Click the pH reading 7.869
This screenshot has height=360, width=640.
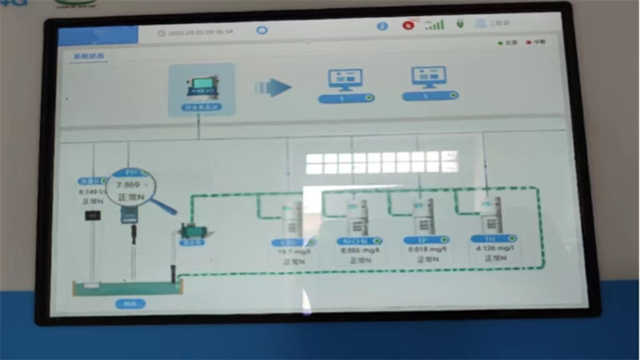[x=127, y=184]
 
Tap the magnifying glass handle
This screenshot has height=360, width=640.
[x=164, y=206]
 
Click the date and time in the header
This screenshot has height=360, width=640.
[x=199, y=33]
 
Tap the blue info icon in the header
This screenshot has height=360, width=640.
[x=382, y=26]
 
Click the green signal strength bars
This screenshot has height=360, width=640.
[x=434, y=25]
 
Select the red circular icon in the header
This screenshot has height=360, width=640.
[x=408, y=26]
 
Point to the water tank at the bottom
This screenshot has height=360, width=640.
[x=125, y=285]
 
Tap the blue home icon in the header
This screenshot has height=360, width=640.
[x=262, y=30]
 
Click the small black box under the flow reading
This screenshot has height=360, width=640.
[x=94, y=216]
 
